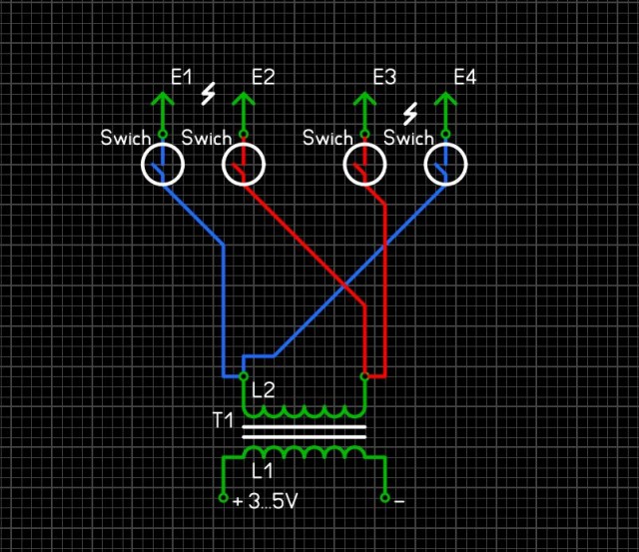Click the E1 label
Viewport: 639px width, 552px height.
(x=181, y=76)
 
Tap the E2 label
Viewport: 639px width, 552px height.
(x=263, y=76)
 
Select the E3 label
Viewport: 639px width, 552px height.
(x=384, y=76)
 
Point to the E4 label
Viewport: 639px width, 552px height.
(x=465, y=76)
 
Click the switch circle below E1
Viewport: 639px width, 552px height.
(x=162, y=165)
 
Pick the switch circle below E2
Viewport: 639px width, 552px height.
(x=243, y=165)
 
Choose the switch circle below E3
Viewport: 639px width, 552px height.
(x=364, y=165)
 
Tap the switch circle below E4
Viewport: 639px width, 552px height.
(x=445, y=165)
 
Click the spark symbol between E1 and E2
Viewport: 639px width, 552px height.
(x=209, y=94)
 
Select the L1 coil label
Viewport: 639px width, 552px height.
(x=263, y=469)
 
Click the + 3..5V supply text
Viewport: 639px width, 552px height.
(x=265, y=501)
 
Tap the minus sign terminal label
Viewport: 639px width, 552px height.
(x=399, y=501)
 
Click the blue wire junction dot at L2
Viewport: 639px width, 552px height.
(x=243, y=376)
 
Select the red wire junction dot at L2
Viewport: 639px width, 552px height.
(x=364, y=376)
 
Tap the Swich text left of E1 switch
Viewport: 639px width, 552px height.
(x=126, y=138)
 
